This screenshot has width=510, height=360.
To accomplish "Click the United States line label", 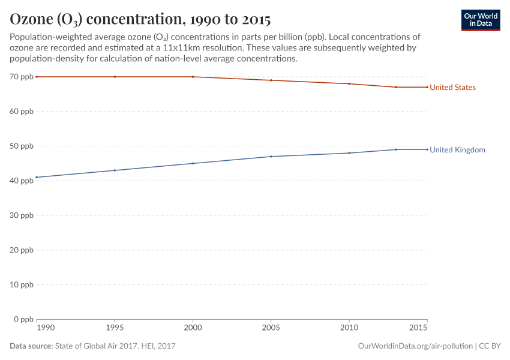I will [x=452, y=88].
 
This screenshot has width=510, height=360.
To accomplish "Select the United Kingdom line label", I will [x=457, y=150].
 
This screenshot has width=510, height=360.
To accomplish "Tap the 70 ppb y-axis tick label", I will [x=22, y=77].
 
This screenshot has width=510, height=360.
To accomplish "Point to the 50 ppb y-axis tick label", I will [x=22, y=146].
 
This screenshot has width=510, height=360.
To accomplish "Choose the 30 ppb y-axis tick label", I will [x=22, y=215].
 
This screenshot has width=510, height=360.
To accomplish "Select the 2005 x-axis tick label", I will [x=271, y=328].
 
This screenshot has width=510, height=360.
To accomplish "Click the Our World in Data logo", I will [x=480, y=20].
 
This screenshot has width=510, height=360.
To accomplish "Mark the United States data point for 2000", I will [x=193, y=77].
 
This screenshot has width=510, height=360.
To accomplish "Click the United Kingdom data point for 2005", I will [x=271, y=157].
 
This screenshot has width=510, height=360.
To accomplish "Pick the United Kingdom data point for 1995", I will [x=115, y=170].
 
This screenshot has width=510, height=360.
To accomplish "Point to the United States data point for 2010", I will [x=349, y=83].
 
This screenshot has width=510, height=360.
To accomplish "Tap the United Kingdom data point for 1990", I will [x=37, y=177].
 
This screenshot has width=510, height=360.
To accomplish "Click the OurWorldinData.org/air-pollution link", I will [x=415, y=346].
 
